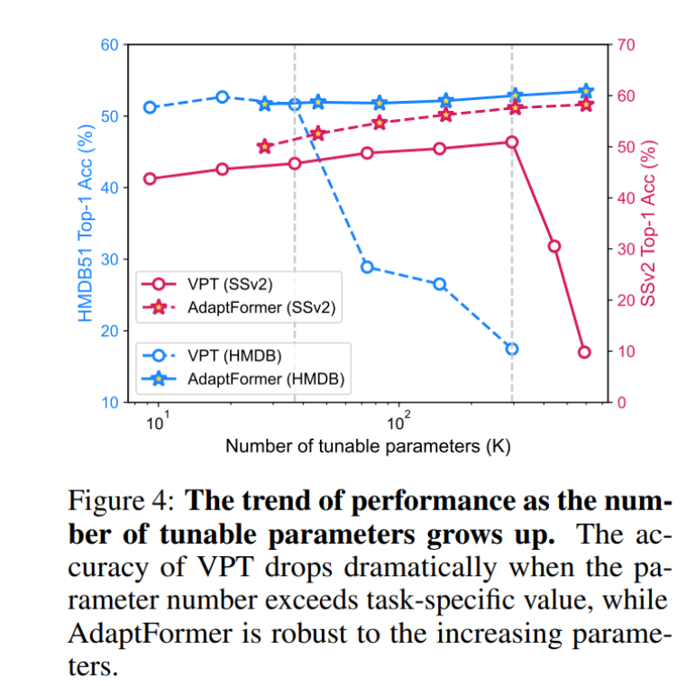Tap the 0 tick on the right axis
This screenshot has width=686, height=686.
[x=622, y=402]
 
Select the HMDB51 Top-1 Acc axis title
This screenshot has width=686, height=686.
[x=85, y=224]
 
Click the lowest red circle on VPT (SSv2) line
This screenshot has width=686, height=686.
[x=584, y=352]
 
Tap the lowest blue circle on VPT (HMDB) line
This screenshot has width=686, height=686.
[x=512, y=349]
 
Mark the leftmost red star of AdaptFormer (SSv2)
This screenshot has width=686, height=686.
[x=264, y=146]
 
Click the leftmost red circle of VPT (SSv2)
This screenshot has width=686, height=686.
[x=150, y=178]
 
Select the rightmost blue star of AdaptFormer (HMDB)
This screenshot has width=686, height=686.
[x=586, y=91]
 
